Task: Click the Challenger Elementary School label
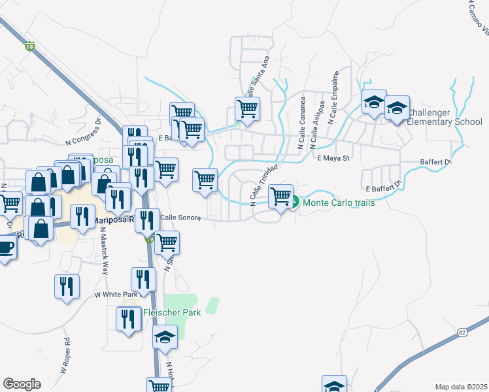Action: pos(444,117)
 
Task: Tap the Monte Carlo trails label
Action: pos(338,203)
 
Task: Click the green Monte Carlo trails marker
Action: pos(294,203)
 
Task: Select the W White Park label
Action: pos(116,295)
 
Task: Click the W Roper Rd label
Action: pos(65,355)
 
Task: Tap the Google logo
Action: pos(22,384)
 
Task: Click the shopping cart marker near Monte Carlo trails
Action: pos(280,195)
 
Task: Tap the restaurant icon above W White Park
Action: pos(143,279)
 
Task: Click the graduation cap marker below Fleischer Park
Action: pos(165,338)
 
